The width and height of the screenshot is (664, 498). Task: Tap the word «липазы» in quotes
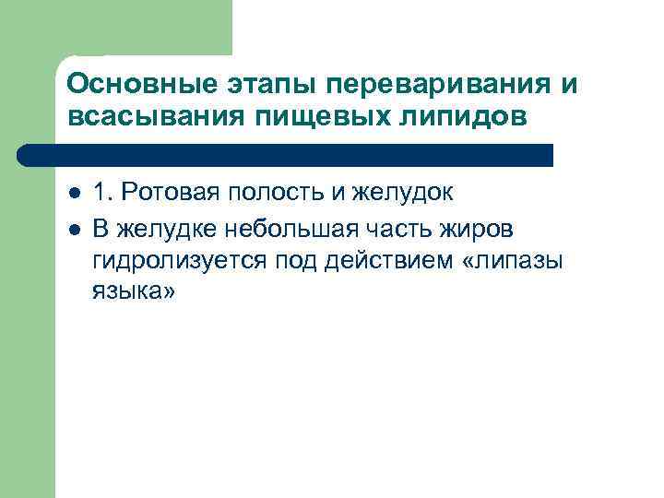point(517,260)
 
